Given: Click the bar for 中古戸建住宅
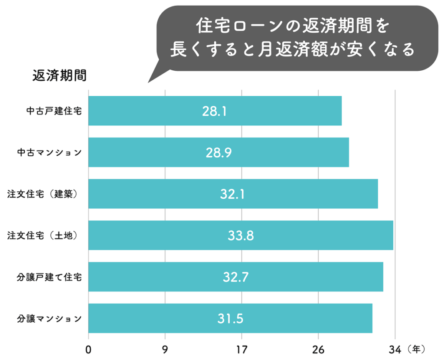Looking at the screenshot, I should (215, 111).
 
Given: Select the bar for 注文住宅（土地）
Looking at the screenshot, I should (241, 235).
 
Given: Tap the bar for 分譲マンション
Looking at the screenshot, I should (230, 318).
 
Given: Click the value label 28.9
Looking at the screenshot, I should (219, 153).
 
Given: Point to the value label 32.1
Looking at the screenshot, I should (232, 194).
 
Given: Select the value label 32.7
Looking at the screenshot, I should (235, 277).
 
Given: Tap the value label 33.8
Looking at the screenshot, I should (241, 236).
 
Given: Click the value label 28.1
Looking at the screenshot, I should (215, 111).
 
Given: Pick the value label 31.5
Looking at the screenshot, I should (230, 319).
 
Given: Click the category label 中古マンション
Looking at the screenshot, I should (49, 152).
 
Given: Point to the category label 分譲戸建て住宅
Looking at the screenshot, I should (49, 277).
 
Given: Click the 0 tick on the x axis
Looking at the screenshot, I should (88, 348).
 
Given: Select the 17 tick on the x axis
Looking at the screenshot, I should (242, 348).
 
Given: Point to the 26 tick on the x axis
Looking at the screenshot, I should (318, 348).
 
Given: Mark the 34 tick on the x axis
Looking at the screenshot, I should (395, 348).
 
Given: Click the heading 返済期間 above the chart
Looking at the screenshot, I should (59, 75).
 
